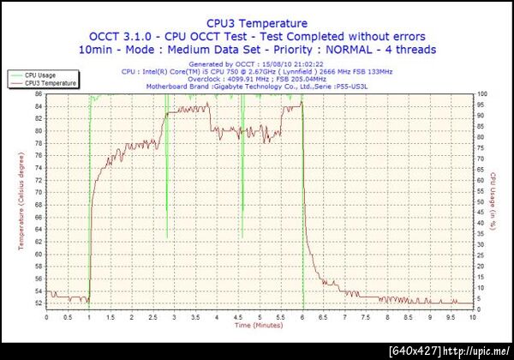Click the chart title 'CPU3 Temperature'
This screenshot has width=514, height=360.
pyautogui.click(x=257, y=23)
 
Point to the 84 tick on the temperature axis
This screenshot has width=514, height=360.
pyautogui.click(x=39, y=105)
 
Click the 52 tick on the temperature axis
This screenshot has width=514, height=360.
pyautogui.click(x=39, y=303)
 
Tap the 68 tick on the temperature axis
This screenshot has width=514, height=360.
pyautogui.click(x=39, y=205)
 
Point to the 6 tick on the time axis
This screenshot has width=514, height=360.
pyautogui.click(x=302, y=317)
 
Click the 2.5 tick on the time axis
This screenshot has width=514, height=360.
pyautogui.click(x=153, y=317)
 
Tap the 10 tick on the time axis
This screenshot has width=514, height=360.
pyautogui.click(x=472, y=317)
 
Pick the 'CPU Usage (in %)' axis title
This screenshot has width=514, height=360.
pyautogui.click(x=493, y=201)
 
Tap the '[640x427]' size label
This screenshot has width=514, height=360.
pyautogui.click(x=415, y=351)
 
